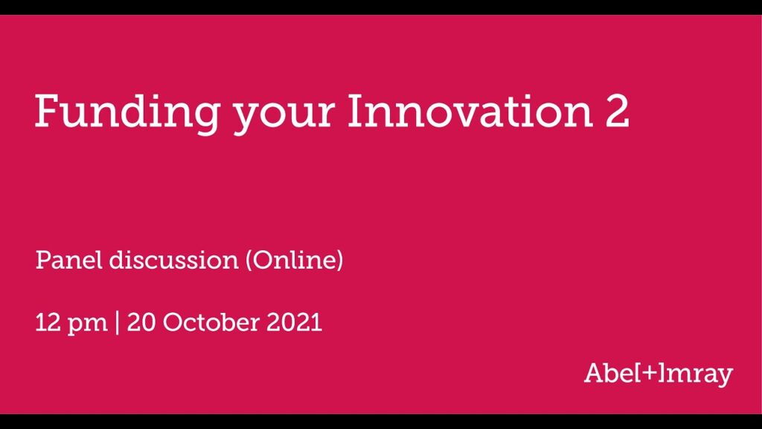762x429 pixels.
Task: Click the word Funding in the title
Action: (127, 113)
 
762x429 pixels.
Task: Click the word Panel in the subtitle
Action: (69, 260)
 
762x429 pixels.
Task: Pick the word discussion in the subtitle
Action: (174, 260)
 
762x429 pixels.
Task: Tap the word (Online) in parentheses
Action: (294, 260)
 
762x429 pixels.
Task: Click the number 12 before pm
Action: (47, 322)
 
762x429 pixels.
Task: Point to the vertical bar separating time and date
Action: (117, 323)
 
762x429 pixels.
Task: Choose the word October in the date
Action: (211, 322)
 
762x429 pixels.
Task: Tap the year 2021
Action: (294, 322)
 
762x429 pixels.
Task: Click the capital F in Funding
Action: (48, 110)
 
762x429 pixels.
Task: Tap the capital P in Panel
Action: (43, 260)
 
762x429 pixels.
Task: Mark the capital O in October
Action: (173, 322)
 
